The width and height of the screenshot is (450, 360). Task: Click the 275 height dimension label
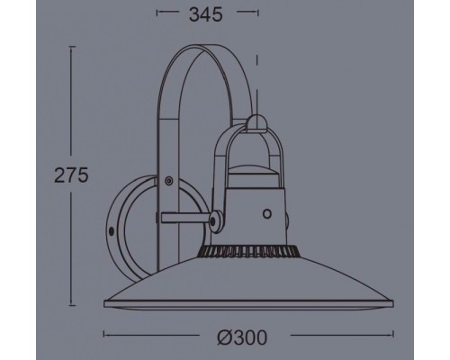(69, 175)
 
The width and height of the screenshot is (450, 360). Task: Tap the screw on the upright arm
(169, 181)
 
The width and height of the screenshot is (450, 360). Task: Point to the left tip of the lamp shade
(104, 301)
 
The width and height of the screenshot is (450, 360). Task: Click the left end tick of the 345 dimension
(157, 13)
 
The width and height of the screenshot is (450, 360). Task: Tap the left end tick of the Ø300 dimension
(104, 336)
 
